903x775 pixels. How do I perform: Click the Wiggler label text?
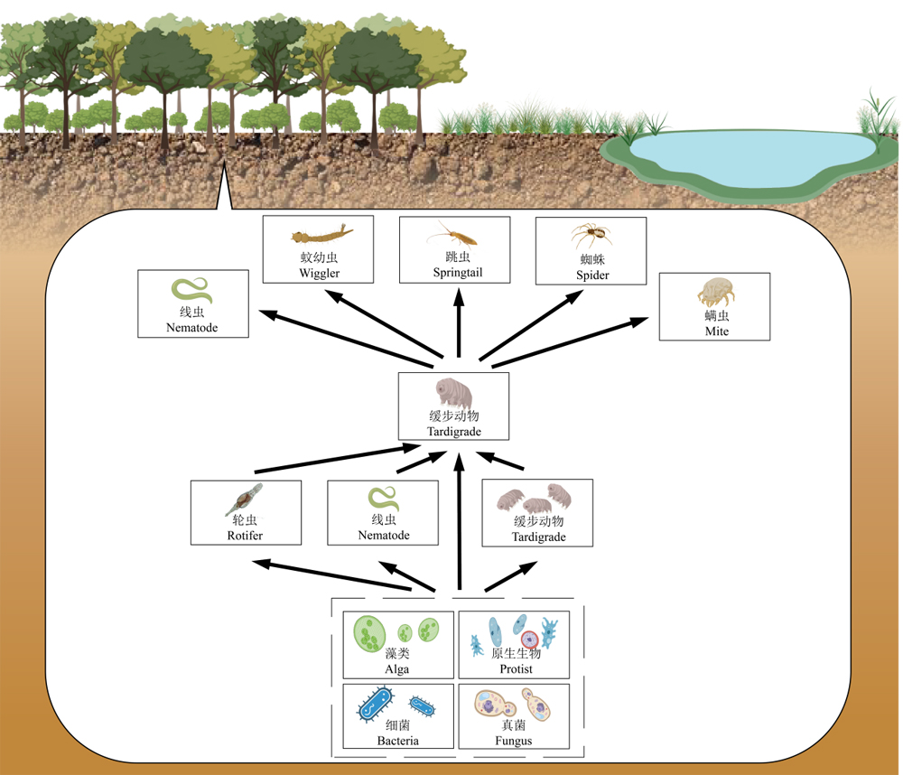(x=319, y=273)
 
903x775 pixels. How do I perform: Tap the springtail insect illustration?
(x=452, y=234)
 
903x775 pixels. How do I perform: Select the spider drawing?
(x=591, y=235)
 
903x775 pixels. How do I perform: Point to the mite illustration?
(x=716, y=292)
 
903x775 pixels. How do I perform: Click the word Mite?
(x=716, y=331)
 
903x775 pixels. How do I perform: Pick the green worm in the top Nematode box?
(x=191, y=290)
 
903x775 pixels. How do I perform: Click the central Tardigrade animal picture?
(x=454, y=393)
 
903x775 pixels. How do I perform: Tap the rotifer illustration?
(x=244, y=499)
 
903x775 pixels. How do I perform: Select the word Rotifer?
(x=245, y=536)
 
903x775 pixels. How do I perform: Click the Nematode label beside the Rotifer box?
(x=384, y=536)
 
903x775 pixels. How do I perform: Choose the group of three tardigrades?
(x=535, y=499)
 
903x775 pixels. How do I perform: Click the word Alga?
(x=396, y=669)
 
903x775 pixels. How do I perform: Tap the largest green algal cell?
(x=369, y=633)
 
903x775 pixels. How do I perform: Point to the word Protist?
(x=516, y=669)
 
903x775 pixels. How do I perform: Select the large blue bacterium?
(x=376, y=704)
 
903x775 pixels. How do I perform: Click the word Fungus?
(x=513, y=741)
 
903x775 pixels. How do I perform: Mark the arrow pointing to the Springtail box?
(x=459, y=323)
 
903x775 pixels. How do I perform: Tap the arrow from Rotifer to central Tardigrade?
(x=338, y=459)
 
